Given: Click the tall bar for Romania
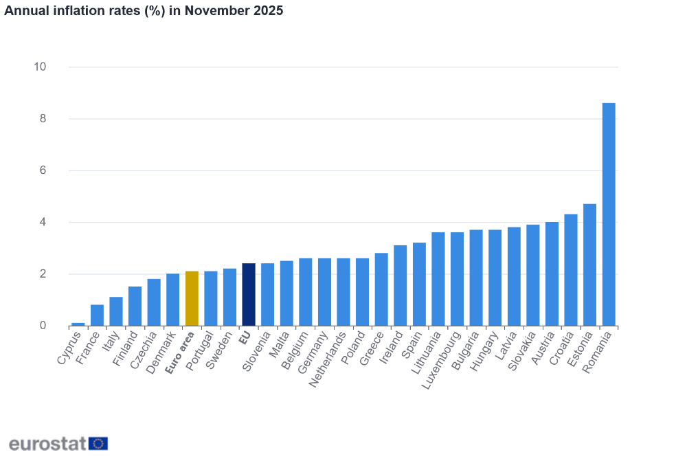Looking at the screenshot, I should point(609,214).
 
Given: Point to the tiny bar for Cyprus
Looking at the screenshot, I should point(78,324).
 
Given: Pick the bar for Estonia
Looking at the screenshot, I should point(589,265).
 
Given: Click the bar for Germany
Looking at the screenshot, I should point(324,292).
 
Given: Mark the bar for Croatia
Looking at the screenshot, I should point(571,270).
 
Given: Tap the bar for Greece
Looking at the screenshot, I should point(381,289).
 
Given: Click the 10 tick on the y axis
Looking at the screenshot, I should point(40,67).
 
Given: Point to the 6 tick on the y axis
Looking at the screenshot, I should point(43,170).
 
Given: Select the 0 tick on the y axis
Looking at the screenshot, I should point(43,326).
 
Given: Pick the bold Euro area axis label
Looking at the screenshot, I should point(181,352).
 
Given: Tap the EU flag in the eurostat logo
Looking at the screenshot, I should point(98,443).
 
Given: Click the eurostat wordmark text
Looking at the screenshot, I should point(47,443).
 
